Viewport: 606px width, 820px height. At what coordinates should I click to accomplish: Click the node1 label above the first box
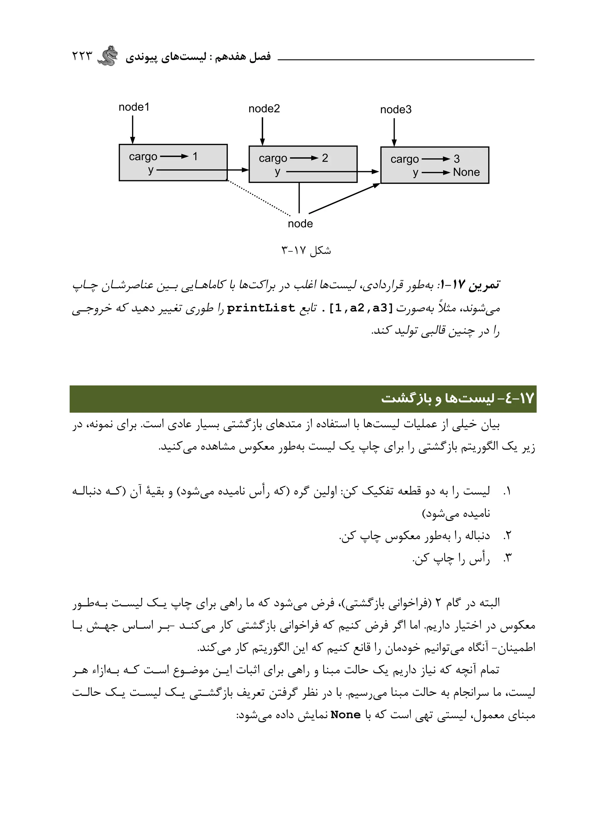(134, 107)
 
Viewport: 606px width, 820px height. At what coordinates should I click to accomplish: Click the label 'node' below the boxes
(300, 224)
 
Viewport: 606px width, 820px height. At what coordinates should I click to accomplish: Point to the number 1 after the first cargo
(195, 157)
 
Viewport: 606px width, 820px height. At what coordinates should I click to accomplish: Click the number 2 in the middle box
(325, 158)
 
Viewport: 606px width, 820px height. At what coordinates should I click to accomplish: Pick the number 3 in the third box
(456, 159)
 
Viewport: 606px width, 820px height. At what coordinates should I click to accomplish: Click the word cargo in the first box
(143, 157)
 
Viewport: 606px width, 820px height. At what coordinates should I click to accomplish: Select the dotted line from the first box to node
(259, 198)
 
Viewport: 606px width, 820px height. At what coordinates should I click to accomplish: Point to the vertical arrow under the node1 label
(133, 130)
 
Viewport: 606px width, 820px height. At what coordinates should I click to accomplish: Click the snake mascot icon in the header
(109, 56)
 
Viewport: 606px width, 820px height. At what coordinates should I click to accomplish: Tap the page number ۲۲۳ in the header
(82, 57)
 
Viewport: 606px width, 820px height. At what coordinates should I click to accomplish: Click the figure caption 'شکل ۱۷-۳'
(306, 250)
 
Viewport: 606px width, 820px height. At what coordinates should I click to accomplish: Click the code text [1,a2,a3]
(361, 308)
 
